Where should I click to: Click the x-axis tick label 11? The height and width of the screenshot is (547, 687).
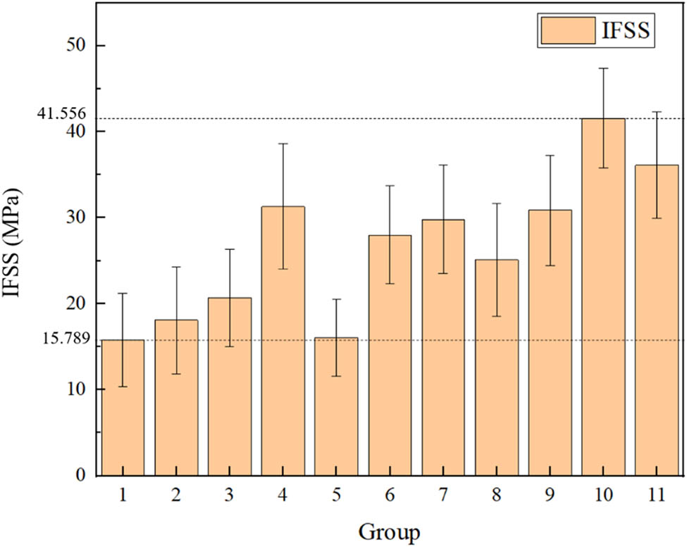coord(656,496)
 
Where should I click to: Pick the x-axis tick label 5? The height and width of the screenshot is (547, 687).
coord(336,496)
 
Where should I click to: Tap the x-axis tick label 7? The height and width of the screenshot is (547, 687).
coord(443,496)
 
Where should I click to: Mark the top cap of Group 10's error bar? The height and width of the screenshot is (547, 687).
coord(603,68)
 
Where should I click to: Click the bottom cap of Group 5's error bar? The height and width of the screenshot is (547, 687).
coord(336,376)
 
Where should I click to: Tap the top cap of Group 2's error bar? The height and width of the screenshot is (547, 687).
coord(176,267)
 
